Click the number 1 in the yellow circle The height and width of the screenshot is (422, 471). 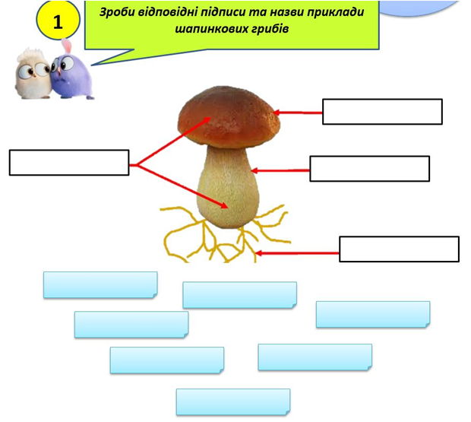pos(58,22)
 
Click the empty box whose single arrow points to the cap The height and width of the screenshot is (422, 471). pos(382,111)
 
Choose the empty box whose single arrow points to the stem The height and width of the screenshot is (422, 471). pos(370,168)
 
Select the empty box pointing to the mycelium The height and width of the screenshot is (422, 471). pos(399,249)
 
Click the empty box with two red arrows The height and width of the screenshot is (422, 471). pos(69,162)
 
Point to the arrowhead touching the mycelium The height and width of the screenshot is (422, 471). pos(259,255)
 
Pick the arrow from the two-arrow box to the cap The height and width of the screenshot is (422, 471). pos(171,141)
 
